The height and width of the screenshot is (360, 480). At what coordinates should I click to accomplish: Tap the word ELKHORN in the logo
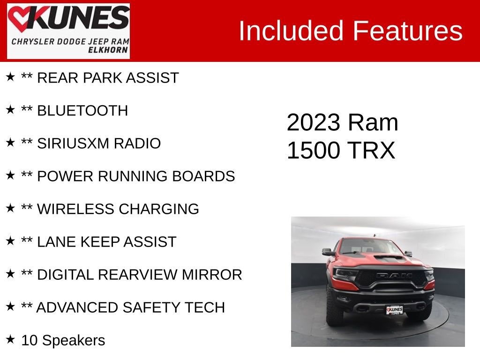(108, 50)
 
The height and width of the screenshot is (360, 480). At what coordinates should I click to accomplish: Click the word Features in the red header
(407, 31)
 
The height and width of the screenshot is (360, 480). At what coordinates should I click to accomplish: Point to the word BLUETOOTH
(82, 111)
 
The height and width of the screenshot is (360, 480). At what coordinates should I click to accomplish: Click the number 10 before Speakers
(30, 340)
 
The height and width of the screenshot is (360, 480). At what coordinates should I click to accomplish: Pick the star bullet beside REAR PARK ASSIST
(10, 77)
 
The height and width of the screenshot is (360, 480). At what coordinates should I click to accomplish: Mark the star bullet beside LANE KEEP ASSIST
(10, 241)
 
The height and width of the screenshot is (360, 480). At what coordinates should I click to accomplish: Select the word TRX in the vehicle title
(371, 151)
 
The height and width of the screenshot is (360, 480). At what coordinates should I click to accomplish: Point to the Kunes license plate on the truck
(394, 310)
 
